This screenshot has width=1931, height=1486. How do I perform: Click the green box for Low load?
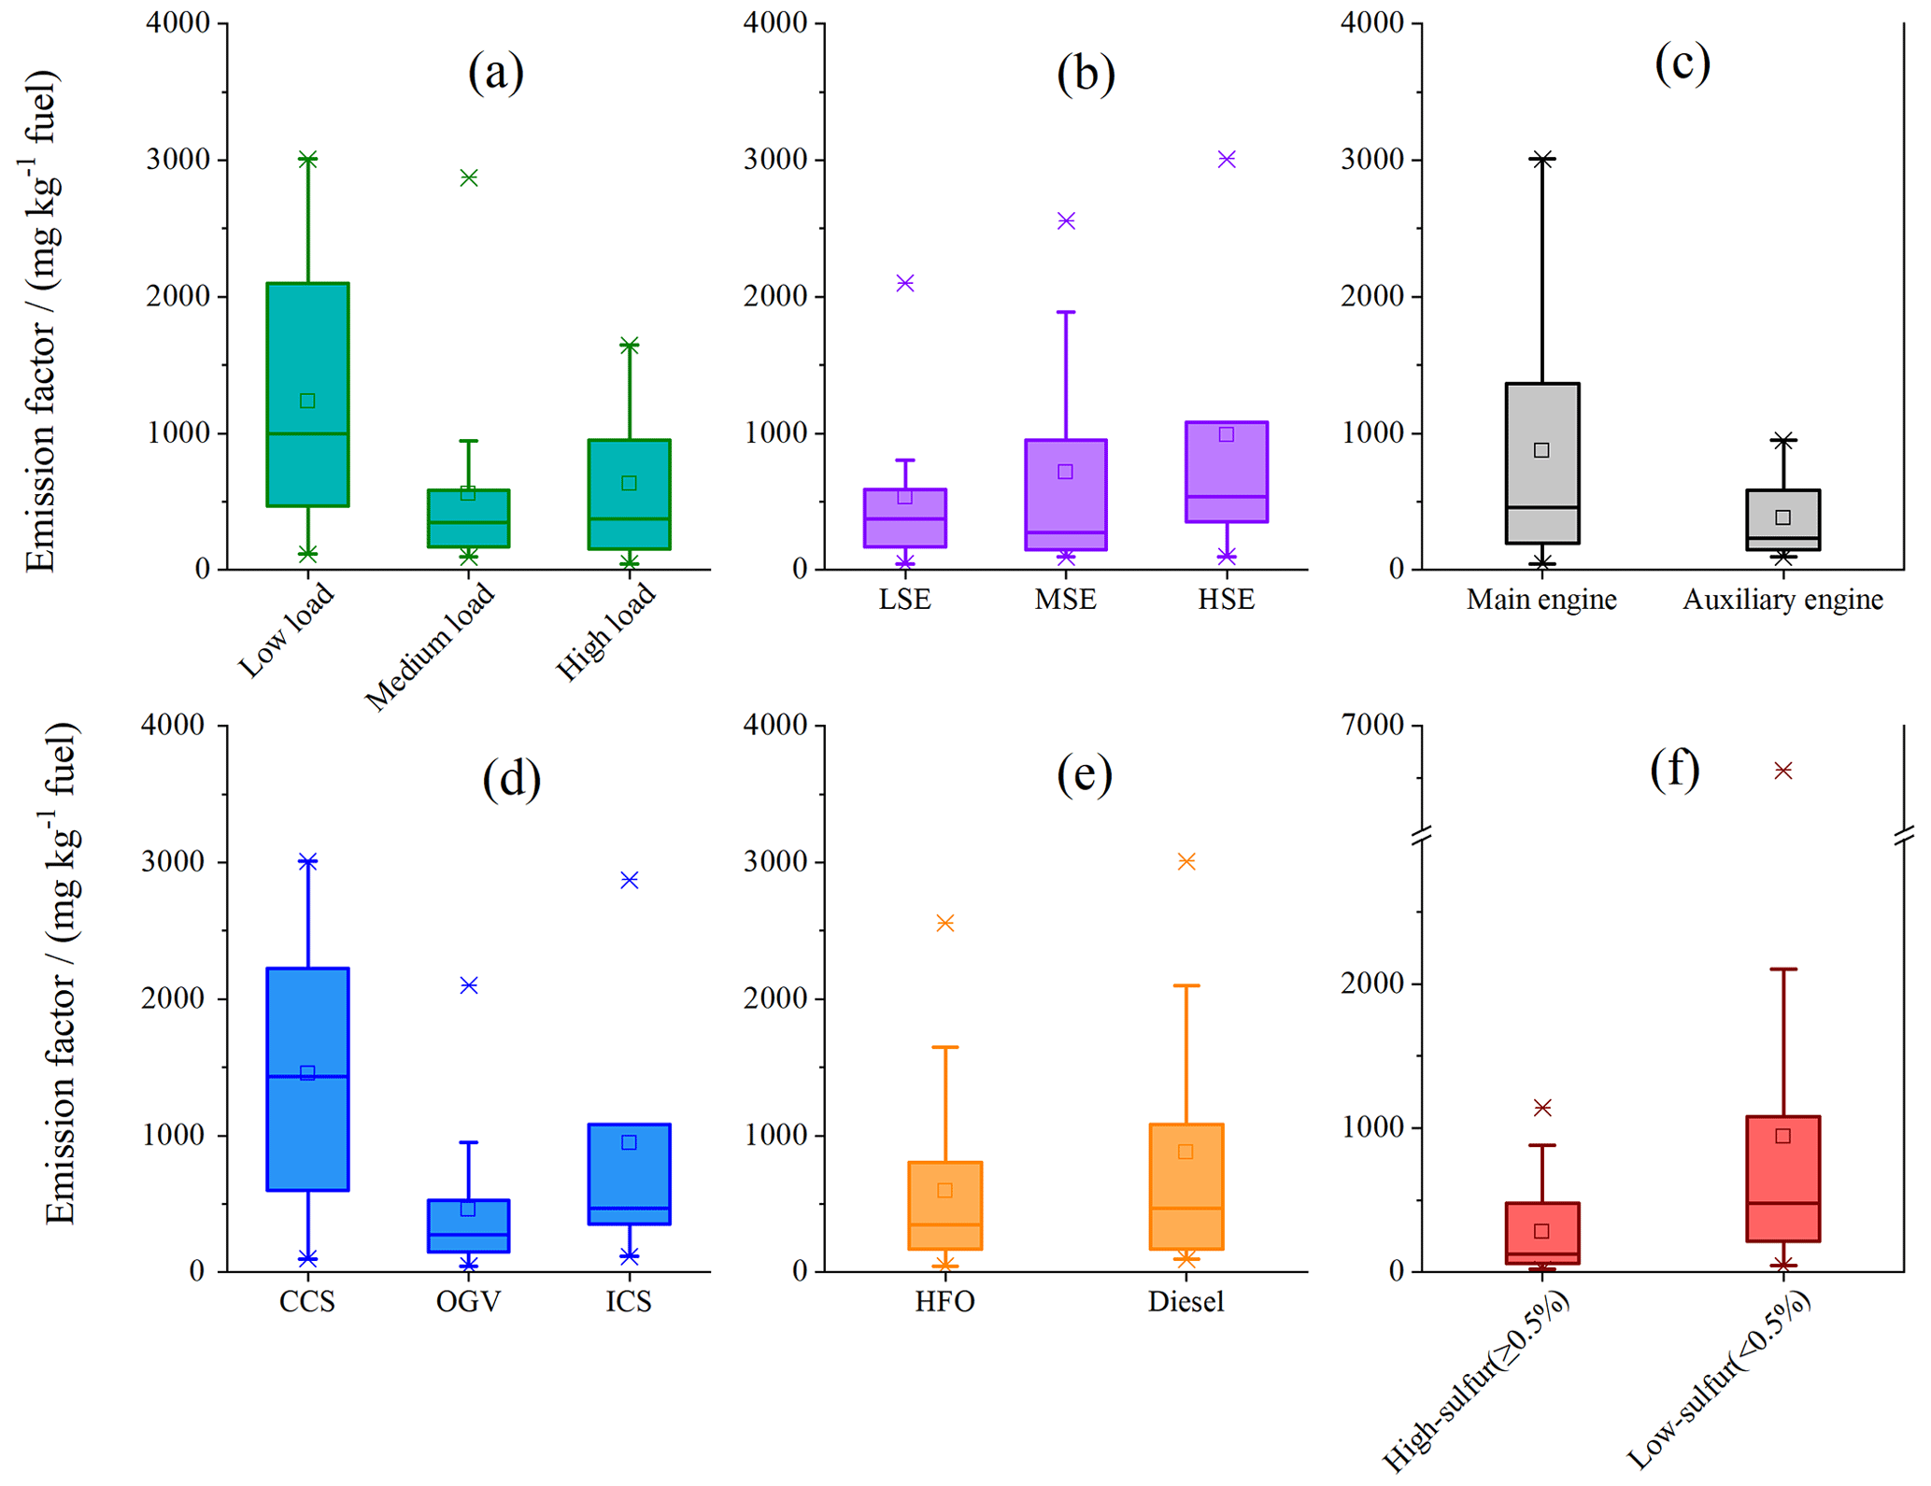coord(307,393)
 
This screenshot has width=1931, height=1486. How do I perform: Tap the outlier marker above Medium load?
coord(469,177)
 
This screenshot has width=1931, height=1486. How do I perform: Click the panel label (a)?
coord(495,72)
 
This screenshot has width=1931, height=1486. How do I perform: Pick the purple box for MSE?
coord(1066,494)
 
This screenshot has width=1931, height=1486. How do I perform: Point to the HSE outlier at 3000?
coord(1227,160)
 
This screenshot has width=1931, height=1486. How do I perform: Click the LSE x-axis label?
coord(904,599)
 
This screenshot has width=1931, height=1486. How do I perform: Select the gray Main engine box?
coord(1542,462)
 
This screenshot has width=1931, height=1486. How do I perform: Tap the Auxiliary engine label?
coord(1782,599)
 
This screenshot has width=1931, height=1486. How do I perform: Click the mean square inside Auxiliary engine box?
coord(1782,517)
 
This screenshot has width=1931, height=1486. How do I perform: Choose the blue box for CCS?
coord(307,1079)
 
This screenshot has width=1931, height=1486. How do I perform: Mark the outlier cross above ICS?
coord(630,880)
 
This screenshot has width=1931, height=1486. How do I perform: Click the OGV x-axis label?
coord(468,1301)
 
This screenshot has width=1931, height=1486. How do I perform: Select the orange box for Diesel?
coord(1186,1186)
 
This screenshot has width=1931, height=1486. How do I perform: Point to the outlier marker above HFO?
coord(945,924)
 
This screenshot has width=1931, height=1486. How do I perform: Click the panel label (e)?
coord(1084,774)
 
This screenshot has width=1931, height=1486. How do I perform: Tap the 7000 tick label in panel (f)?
coord(1372,725)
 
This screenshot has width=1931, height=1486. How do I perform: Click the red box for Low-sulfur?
coord(1782,1178)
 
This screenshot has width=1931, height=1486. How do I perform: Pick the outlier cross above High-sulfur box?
coord(1542,1108)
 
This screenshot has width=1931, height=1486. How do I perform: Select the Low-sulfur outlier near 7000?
coord(1783,771)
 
